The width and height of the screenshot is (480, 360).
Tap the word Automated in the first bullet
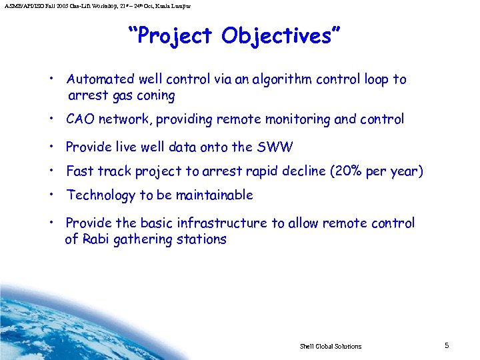(97, 79)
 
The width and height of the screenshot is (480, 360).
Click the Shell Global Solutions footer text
(331, 346)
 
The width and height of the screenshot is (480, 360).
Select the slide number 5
(447, 345)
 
